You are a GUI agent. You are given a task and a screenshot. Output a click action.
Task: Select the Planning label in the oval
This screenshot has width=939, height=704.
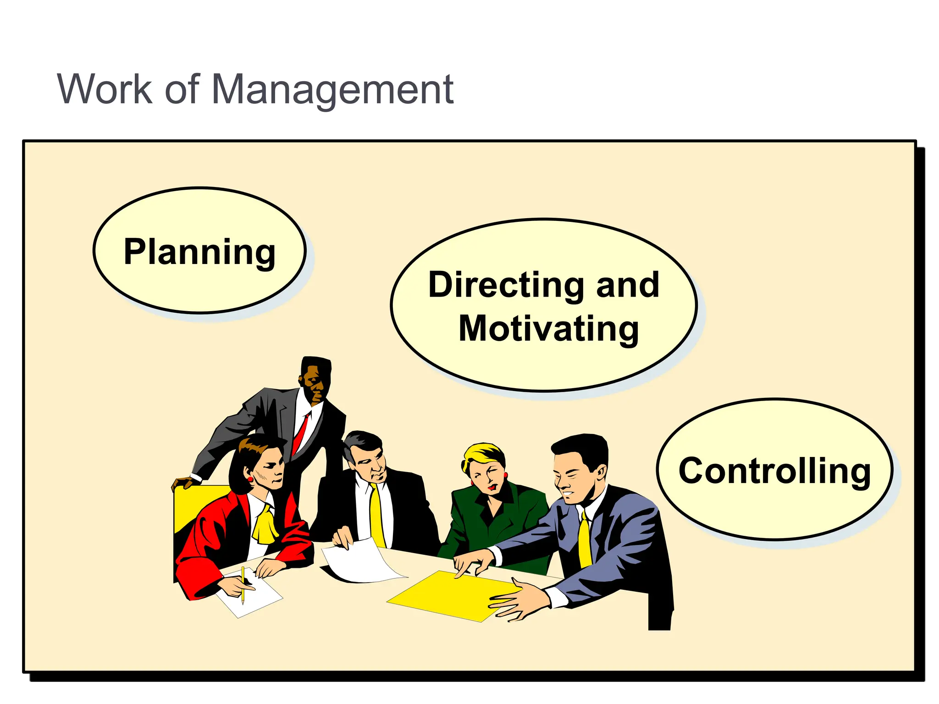pyautogui.click(x=199, y=252)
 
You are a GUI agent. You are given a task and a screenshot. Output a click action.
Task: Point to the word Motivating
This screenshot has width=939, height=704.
pyautogui.click(x=549, y=329)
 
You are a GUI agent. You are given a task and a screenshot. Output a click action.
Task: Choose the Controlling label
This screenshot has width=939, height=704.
pyautogui.click(x=774, y=471)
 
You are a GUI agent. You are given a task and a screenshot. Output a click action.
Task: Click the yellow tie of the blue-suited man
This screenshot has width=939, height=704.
pyautogui.click(x=584, y=541)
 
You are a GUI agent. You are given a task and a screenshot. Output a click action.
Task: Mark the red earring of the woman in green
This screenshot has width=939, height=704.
pyautogui.click(x=472, y=483)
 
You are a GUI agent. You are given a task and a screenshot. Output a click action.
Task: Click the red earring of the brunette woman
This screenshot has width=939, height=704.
pyautogui.click(x=250, y=479)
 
